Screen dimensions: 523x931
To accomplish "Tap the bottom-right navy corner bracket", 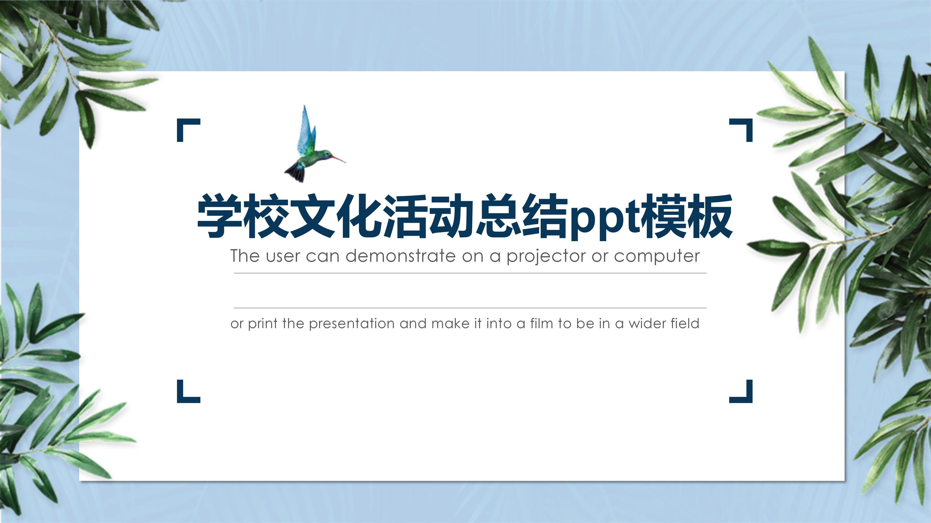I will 745,395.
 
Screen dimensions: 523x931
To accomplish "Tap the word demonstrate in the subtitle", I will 400,256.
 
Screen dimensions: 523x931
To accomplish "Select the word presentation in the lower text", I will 352,323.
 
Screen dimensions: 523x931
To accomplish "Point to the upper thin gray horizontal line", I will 470,273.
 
